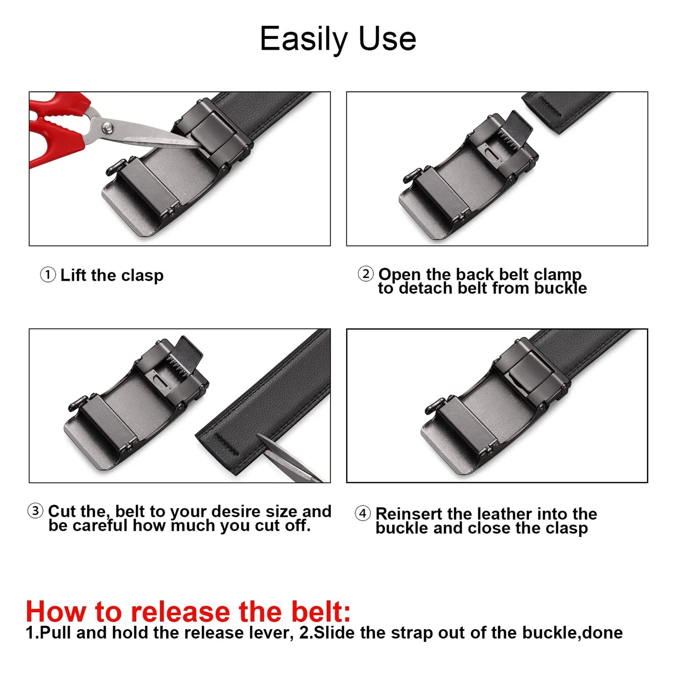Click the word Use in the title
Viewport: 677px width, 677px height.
pos(387,39)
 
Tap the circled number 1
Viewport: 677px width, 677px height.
pos(48,275)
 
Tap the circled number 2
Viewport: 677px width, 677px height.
pos(365,274)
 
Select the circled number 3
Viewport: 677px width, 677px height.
pos(35,511)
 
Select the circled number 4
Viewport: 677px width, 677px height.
pos(363,513)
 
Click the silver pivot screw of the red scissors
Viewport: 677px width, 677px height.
pos(108,126)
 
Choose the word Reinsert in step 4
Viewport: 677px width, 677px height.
pos(409,514)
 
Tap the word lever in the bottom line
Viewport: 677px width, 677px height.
pos(275,633)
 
